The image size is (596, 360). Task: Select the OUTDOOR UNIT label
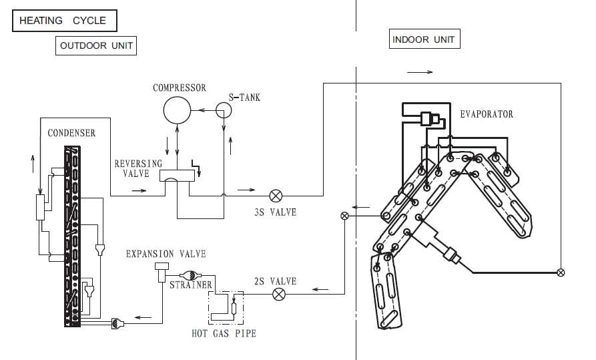pyautogui.click(x=96, y=45)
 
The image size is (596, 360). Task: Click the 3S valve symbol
pyautogui.click(x=276, y=196)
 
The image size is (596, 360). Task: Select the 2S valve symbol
pyautogui.click(x=280, y=294)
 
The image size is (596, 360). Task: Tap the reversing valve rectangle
pyautogui.click(x=177, y=176)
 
